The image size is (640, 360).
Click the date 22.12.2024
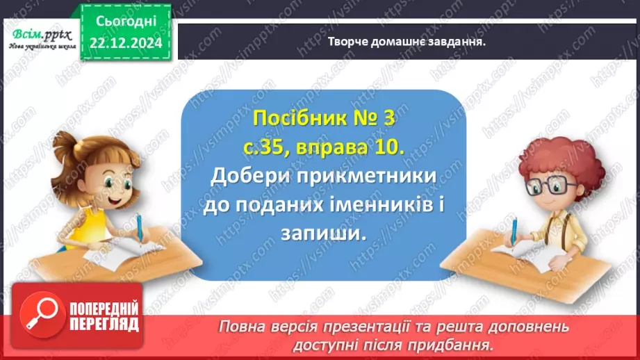tap(126, 43)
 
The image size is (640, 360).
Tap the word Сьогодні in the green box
tap(126, 22)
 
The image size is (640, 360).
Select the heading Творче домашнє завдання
tap(407, 40)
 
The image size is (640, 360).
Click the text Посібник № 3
tap(323, 119)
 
